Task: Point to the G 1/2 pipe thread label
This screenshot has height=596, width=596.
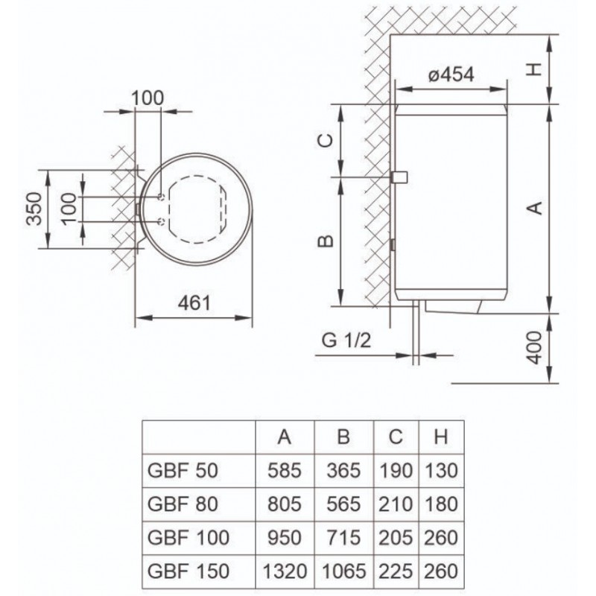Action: pyautogui.click(x=346, y=342)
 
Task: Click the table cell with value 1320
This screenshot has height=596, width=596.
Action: pyautogui.click(x=284, y=572)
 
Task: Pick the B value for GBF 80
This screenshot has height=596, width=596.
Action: pyautogui.click(x=343, y=504)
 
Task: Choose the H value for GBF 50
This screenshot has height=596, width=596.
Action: pyautogui.click(x=440, y=471)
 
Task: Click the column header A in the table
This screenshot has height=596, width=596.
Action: pyautogui.click(x=284, y=437)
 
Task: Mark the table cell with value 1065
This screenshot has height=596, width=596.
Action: pyautogui.click(x=343, y=572)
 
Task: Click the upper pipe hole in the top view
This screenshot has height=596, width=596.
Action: pyautogui.click(x=162, y=197)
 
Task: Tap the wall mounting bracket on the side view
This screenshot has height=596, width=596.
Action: pyautogui.click(x=399, y=177)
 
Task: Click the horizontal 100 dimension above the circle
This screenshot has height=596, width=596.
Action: pyautogui.click(x=148, y=98)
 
